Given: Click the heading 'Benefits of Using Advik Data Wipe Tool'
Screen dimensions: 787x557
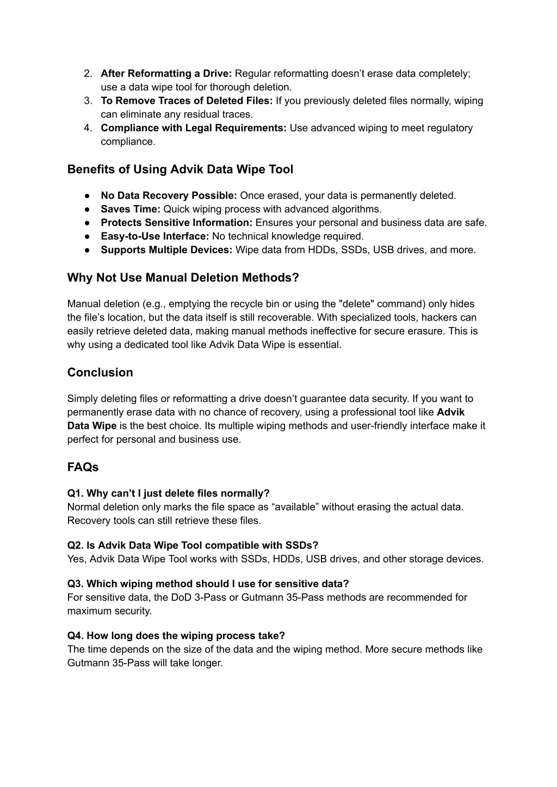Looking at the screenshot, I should (x=180, y=169).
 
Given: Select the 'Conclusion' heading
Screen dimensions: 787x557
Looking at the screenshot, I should (x=100, y=372).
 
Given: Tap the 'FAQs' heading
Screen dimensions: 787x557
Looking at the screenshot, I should (x=83, y=467).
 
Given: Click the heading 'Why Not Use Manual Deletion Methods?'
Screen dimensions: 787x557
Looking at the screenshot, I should (x=183, y=278).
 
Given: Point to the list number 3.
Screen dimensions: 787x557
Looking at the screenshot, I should (x=88, y=101).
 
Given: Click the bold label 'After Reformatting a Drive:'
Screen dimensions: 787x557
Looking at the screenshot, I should (x=166, y=73).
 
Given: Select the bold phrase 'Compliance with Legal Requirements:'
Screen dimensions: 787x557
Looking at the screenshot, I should (x=193, y=128).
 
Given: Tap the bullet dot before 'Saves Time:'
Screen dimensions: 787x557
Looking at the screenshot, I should (x=87, y=210).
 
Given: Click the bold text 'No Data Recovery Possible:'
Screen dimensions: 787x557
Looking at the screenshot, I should (x=169, y=195).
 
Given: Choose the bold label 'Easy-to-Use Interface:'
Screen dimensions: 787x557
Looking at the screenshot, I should (x=154, y=236).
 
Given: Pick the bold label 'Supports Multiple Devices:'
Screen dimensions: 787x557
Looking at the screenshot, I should (x=166, y=250).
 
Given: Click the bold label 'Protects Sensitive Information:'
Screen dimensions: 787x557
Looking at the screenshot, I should (x=176, y=223).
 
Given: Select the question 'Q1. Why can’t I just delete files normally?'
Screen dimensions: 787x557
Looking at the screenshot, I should (x=168, y=493).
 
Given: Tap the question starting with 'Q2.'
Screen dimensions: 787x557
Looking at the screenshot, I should (x=193, y=545).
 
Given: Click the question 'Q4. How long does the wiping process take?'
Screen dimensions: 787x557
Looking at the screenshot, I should (x=176, y=636).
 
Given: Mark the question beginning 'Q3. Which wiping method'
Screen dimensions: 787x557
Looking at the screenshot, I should (x=208, y=584).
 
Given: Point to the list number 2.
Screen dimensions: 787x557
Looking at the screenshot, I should (x=88, y=73).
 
